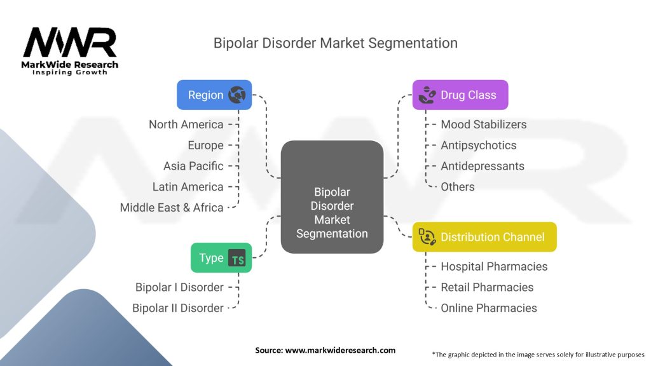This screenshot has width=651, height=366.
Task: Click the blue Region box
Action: [214, 95]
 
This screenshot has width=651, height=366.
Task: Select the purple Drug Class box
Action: [460, 95]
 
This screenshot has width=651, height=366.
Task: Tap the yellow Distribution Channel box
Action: [484, 237]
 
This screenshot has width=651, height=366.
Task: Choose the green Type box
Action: [221, 257]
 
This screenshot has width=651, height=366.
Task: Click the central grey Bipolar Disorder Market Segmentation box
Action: [332, 197]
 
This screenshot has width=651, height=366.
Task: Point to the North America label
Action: [186, 125]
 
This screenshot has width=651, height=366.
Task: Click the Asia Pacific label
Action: [193, 166]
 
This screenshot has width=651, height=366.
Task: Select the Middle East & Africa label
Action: [172, 207]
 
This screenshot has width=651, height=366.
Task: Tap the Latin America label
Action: [188, 187]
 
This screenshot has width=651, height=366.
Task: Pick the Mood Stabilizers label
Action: [483, 125]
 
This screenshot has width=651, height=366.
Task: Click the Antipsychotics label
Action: [478, 145]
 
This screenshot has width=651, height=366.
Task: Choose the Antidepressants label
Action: [482, 166]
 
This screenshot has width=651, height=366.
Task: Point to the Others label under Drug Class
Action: [458, 187]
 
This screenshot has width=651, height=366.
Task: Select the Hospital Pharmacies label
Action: [494, 266]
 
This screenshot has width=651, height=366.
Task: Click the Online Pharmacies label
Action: [488, 308]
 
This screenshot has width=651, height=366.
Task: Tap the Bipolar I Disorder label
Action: [179, 287]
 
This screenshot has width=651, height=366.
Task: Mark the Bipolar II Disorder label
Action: [177, 308]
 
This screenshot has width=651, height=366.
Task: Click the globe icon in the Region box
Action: [237, 95]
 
